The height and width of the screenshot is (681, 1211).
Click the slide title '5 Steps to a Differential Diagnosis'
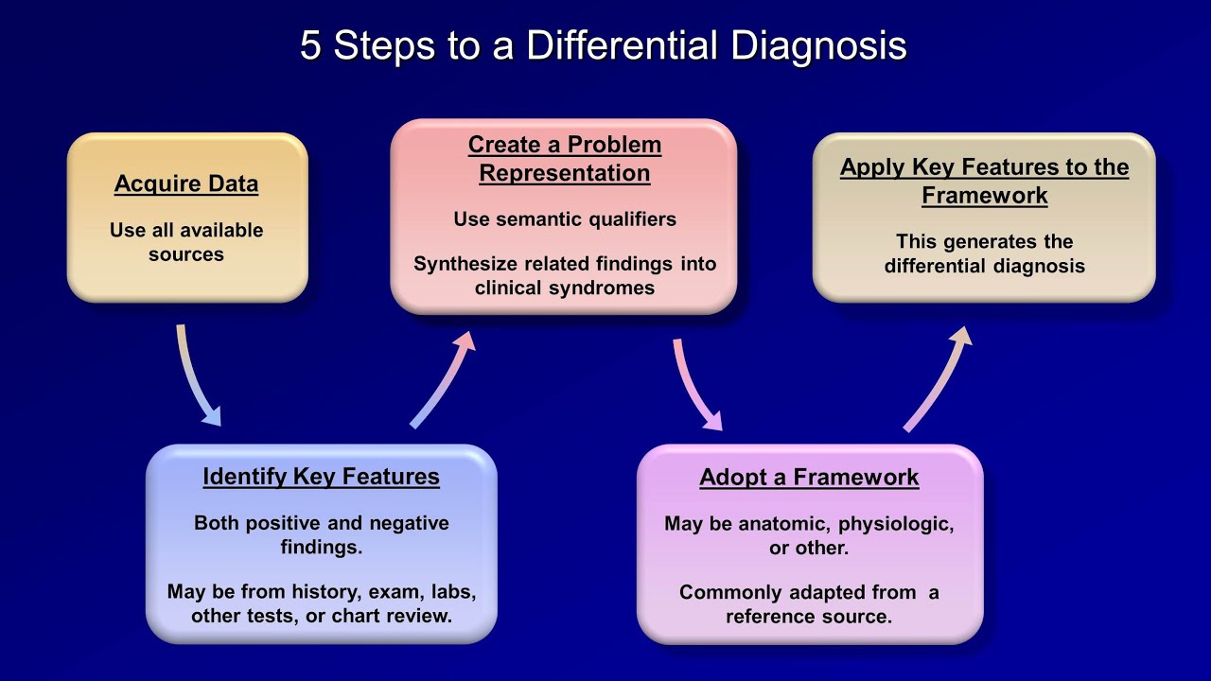pyautogui.click(x=604, y=45)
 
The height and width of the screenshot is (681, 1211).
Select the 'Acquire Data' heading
pyautogui.click(x=186, y=183)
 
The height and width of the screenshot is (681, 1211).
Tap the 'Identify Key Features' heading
pyautogui.click(x=321, y=477)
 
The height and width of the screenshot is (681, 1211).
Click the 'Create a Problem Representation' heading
pyautogui.click(x=565, y=159)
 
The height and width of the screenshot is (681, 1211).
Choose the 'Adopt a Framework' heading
pyautogui.click(x=809, y=478)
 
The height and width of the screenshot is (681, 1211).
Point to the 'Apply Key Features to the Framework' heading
pyautogui.click(x=984, y=181)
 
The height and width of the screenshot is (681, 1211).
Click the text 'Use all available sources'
pyautogui.click(x=186, y=242)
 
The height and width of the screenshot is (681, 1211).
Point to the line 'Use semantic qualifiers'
pyautogui.click(x=565, y=219)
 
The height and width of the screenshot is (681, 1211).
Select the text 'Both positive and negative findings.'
pyautogui.click(x=321, y=534)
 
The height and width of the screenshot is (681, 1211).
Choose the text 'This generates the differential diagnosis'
pyautogui.click(x=984, y=253)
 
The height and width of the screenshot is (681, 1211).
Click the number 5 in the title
pyautogui.click(x=310, y=45)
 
